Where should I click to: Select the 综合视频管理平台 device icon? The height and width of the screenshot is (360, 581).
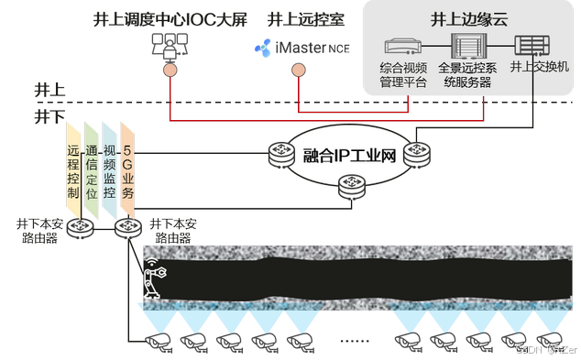pos(404,46)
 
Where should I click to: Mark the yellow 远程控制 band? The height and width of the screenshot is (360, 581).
pos(73,170)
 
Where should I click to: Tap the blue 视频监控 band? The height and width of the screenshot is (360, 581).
pos(110,170)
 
